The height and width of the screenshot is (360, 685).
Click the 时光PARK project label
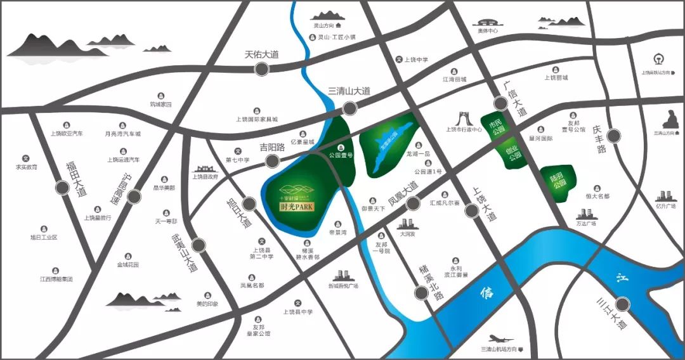[297, 205]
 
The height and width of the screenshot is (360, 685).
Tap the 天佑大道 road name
[262, 55]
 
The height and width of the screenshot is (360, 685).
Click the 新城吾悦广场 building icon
[343, 275]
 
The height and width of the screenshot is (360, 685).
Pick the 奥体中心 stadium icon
[487, 20]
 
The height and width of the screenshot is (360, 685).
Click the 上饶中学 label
[417, 60]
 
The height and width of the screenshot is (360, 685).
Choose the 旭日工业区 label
[44, 237]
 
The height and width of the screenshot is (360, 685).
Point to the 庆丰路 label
[601, 139]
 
